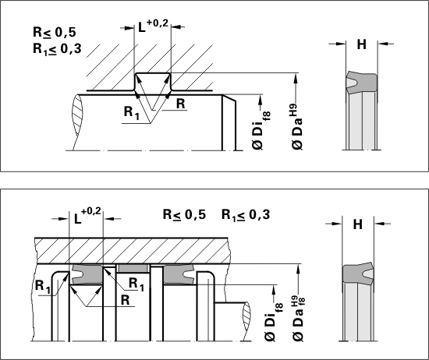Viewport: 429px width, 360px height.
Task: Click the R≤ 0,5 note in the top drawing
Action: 55,32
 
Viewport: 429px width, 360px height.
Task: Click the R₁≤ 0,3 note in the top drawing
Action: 57,49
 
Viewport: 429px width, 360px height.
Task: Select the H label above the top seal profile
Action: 362,44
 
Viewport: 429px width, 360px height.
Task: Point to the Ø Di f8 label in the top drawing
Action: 261,130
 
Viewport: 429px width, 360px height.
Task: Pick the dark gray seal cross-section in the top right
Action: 362,83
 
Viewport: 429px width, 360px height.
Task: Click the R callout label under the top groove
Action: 181,104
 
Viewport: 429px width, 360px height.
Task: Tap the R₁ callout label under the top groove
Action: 132,112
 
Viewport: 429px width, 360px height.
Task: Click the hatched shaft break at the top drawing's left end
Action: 77,122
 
